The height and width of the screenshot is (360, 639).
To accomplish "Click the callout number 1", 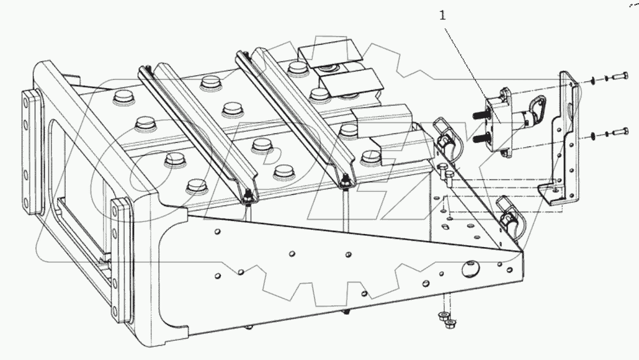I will [442, 16].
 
